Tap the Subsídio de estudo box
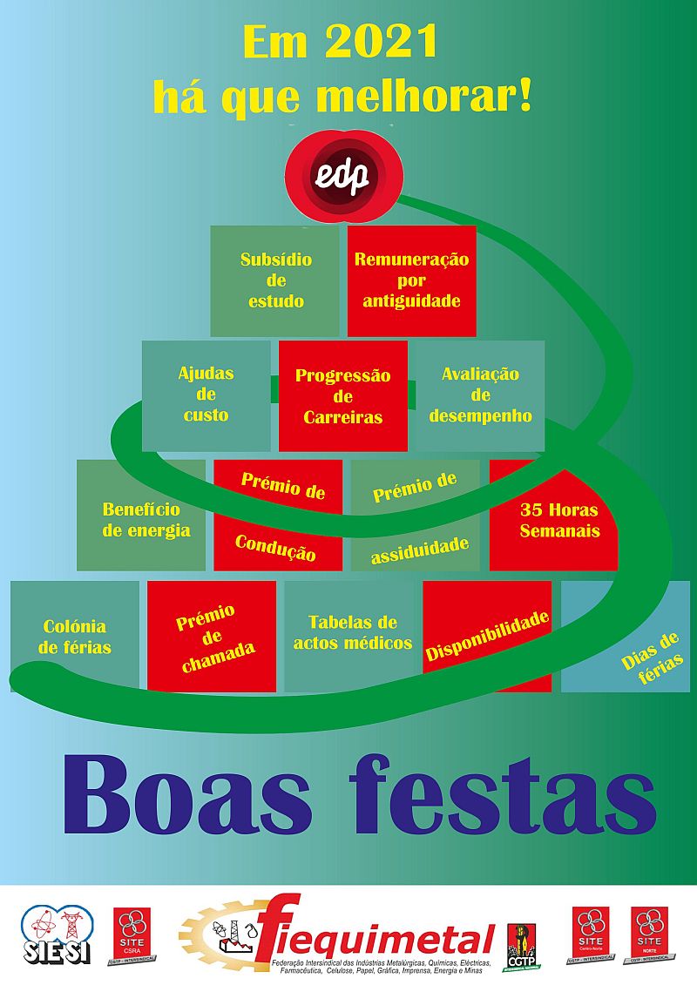point(274,280)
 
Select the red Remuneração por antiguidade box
point(411,280)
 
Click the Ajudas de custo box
point(206,395)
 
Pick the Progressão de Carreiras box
point(342,396)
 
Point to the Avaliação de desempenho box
point(480,395)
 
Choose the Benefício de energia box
point(141,519)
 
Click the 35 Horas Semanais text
point(559,520)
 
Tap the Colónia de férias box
point(75,637)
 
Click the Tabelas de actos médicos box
point(352,633)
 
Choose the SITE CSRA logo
point(133,935)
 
